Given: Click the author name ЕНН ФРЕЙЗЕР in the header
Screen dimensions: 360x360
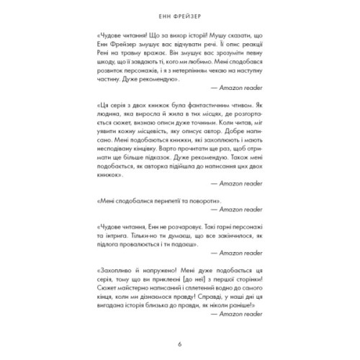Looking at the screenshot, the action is (180, 14).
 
